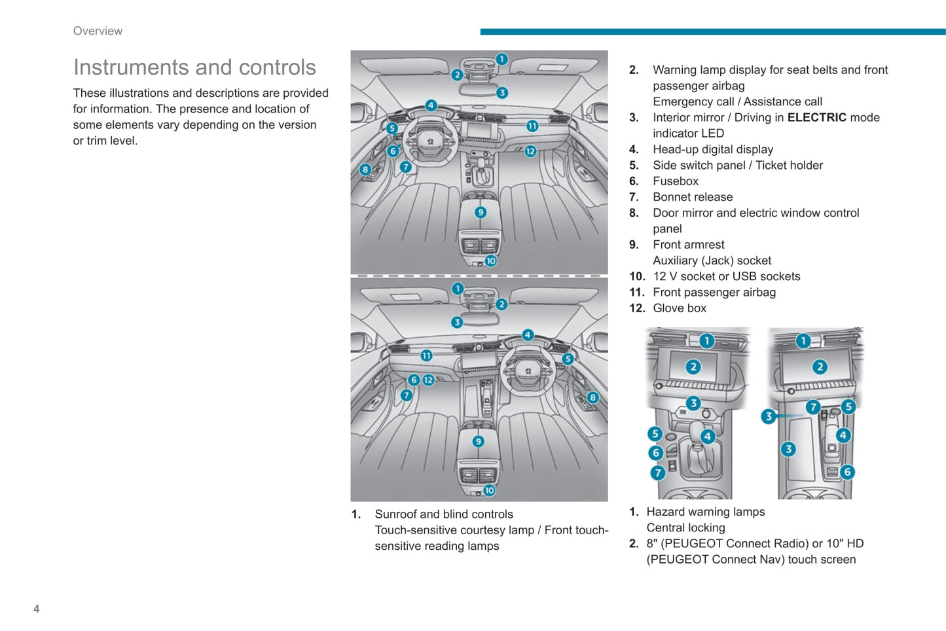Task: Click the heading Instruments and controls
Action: point(194,67)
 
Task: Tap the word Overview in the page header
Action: point(98,31)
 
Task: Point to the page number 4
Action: point(36,609)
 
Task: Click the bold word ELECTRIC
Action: point(816,118)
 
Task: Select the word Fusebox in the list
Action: point(675,181)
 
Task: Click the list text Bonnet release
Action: point(692,197)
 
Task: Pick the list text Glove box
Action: point(679,308)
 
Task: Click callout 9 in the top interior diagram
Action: point(481,212)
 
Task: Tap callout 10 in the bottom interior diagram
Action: point(489,490)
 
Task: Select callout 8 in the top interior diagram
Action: point(365,170)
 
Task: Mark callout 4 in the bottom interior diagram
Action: point(528,335)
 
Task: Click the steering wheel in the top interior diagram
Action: point(430,140)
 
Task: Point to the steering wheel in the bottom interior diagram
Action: point(528,370)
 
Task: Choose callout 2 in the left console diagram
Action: point(693,367)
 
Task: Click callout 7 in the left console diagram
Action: point(657,473)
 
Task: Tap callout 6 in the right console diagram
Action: point(847,472)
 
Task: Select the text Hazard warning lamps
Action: point(705,512)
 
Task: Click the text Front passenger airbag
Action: point(714,293)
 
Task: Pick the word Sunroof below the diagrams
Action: point(395,514)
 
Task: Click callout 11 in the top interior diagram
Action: point(532,126)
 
